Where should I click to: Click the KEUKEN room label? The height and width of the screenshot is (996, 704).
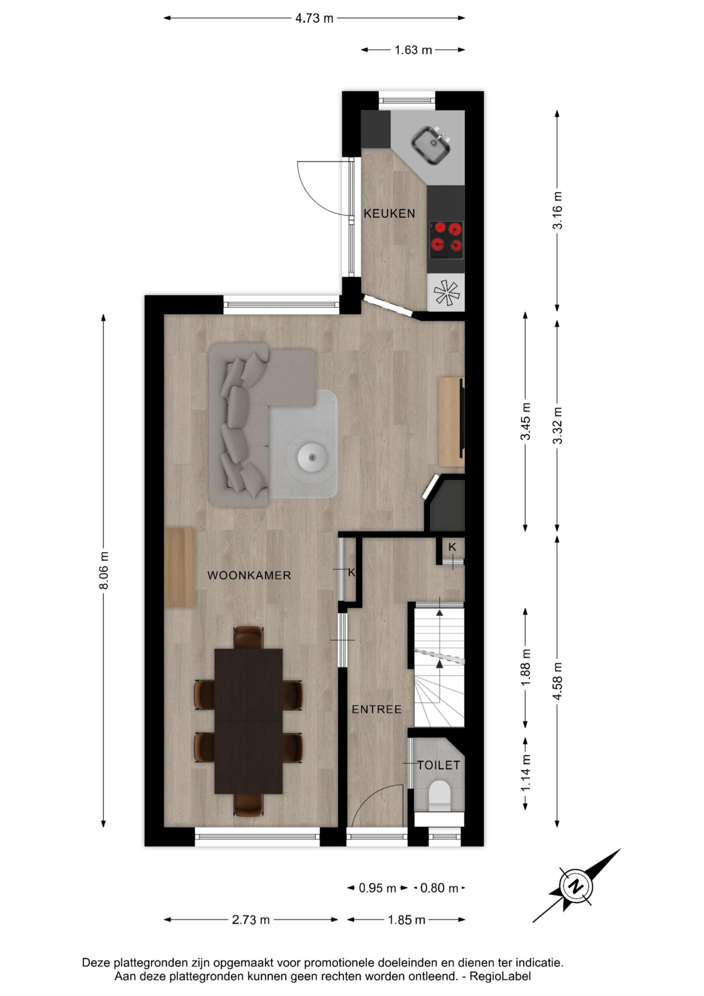coord(389,214)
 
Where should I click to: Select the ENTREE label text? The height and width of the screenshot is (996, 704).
coord(377,709)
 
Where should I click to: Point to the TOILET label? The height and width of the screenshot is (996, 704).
coord(438,765)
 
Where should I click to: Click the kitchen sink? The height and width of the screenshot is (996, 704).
coord(430,146)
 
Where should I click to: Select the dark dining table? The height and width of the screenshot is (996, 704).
coord(249,721)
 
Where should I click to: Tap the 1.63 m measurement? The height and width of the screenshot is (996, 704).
coord(413,50)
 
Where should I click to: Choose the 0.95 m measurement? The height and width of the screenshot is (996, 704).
coord(377,888)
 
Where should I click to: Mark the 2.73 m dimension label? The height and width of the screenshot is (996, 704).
coord(251,920)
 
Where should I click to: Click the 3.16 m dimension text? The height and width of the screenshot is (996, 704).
coord(557,210)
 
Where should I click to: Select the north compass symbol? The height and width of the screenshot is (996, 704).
coord(576,886)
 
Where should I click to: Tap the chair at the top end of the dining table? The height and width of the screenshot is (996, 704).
coord(249,637)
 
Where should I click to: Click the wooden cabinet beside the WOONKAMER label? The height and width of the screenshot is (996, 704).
coord(180,567)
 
